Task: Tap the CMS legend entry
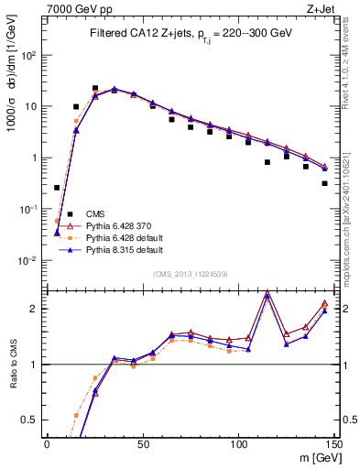click(95, 213)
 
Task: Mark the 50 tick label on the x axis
click(142, 443)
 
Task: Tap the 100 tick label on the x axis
click(238, 443)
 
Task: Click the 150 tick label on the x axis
click(333, 443)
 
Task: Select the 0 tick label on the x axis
click(47, 443)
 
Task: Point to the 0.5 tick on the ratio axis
click(31, 420)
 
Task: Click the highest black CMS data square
click(95, 89)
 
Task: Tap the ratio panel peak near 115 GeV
click(267, 293)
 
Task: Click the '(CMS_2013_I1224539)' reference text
click(191, 273)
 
